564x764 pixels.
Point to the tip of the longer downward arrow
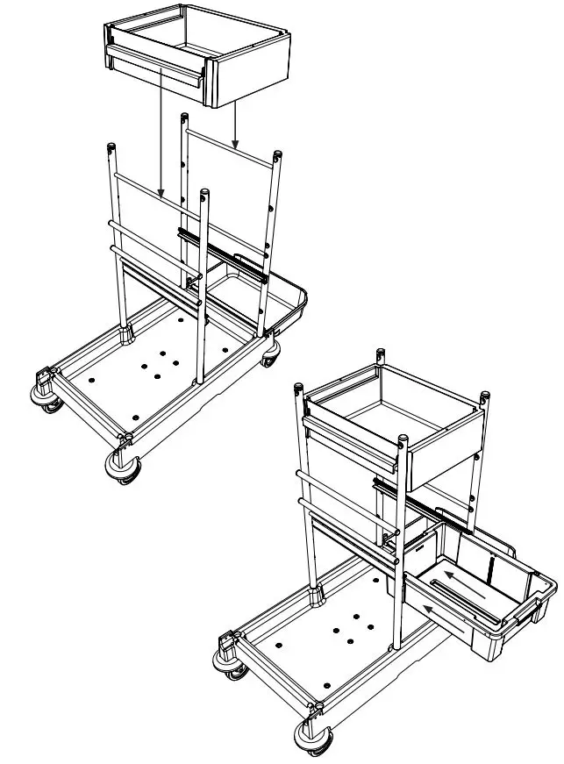pyautogui.click(x=161, y=194)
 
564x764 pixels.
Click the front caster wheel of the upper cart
pyautogui.click(x=122, y=465)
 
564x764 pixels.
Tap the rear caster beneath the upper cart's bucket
pyautogui.click(x=271, y=353)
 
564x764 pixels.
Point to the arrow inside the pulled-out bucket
pyautogui.click(x=460, y=582)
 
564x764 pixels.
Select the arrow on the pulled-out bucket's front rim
pyautogui.click(x=439, y=611)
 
